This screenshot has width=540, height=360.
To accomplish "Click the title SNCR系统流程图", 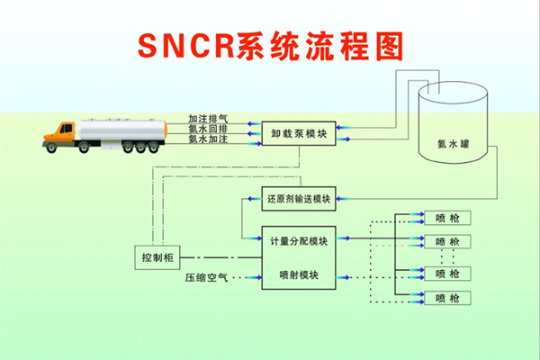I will (270, 46).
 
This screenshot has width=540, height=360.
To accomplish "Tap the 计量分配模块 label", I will (297, 241).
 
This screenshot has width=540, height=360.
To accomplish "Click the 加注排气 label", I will (208, 118).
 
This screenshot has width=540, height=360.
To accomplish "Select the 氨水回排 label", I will (208, 129).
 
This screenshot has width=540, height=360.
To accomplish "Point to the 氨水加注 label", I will (208, 139).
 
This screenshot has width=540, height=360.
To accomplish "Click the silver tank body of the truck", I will (122, 131).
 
